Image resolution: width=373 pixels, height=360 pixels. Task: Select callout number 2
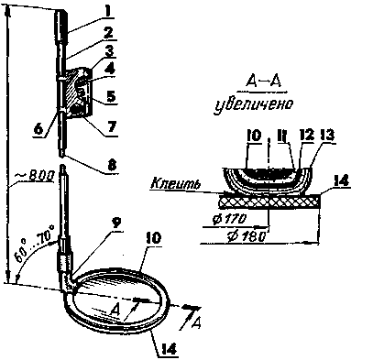click(x=108, y=33)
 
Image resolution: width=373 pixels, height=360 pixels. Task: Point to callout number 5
click(x=112, y=96)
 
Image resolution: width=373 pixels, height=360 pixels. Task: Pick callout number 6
click(x=38, y=129)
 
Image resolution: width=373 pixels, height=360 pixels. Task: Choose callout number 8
click(x=112, y=165)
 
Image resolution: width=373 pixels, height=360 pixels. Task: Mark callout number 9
click(x=116, y=224)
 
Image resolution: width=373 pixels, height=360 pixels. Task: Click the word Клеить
click(x=176, y=183)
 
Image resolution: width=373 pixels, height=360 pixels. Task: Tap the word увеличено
click(x=253, y=104)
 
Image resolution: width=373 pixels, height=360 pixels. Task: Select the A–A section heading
click(x=263, y=82)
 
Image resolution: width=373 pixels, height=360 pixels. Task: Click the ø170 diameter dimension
click(x=228, y=219)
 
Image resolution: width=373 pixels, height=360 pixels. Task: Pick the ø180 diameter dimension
click(x=246, y=237)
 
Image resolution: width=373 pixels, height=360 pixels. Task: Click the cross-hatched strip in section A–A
click(x=270, y=202)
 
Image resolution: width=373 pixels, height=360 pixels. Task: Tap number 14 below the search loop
click(x=168, y=349)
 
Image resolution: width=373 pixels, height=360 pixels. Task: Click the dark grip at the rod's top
click(x=61, y=27)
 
